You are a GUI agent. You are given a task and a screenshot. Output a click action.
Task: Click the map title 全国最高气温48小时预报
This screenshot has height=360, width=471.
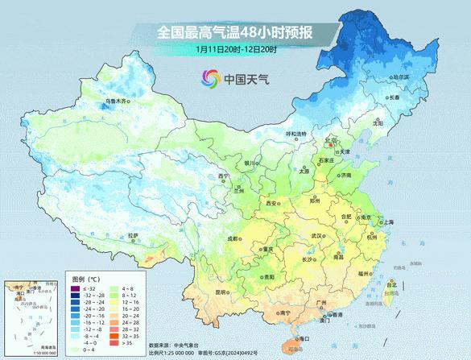coord(235,32)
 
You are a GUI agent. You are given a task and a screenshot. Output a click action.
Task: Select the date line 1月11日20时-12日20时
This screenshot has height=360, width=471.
coord(236,49)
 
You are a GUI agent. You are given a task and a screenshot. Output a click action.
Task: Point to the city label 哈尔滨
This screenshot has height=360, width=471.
coord(400,77)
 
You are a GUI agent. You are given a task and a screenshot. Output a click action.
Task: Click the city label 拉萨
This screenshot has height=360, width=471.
coord(133,235)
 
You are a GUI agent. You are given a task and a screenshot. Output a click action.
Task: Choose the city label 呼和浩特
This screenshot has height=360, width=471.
coord(297,134)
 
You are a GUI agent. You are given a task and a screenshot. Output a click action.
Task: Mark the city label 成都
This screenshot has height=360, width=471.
coord(232,238)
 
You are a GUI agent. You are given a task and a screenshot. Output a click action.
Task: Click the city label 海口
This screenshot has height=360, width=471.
coord(304,339)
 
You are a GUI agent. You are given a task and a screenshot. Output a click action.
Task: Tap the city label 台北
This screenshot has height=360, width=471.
coord(391,284)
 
